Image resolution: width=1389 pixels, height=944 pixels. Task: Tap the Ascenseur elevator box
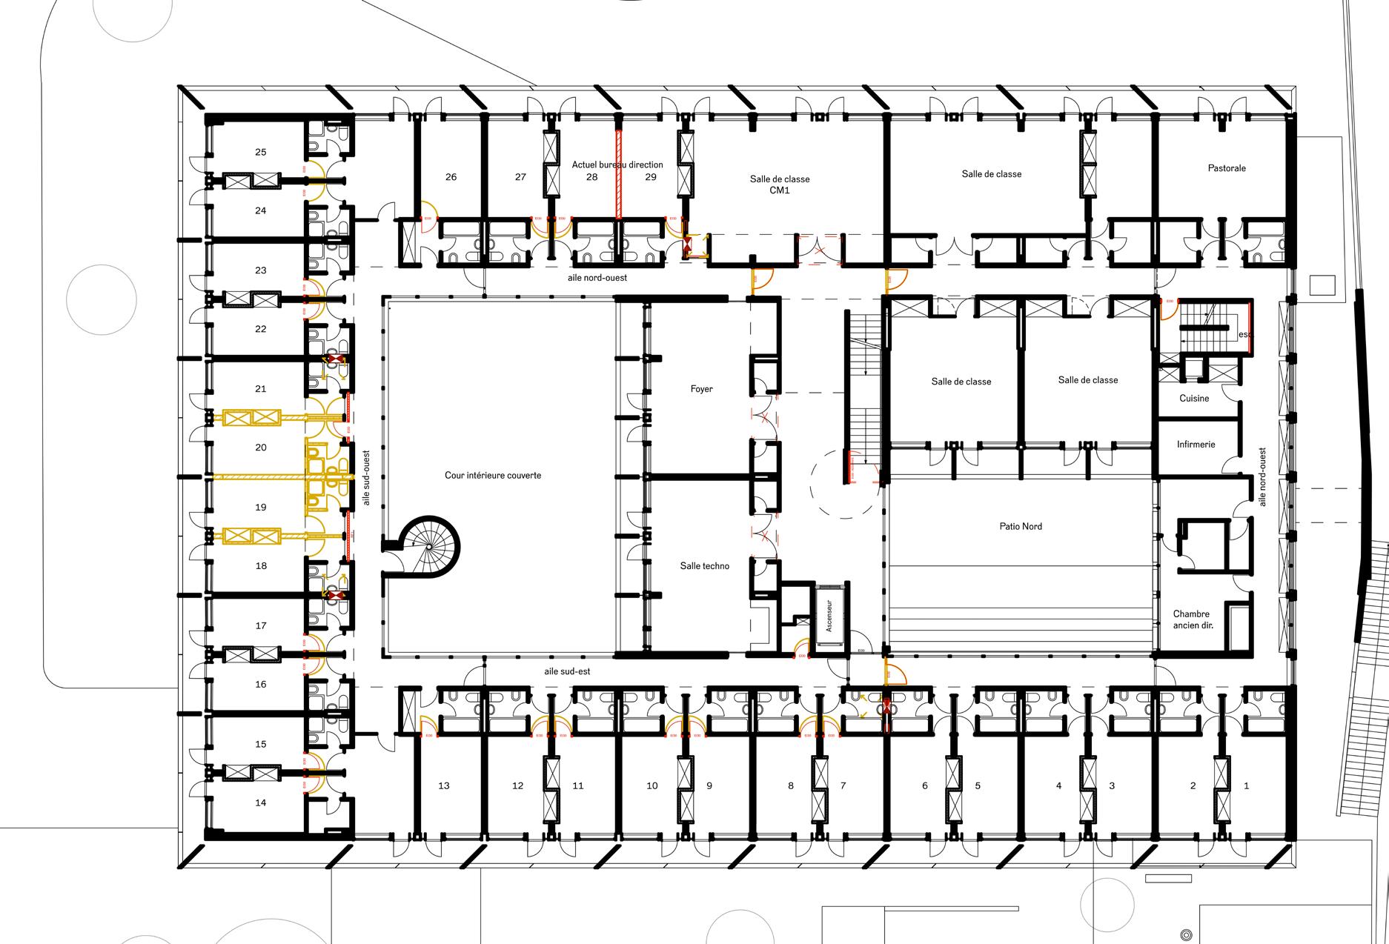click(x=829, y=616)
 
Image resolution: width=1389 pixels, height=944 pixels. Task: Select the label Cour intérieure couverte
click(x=493, y=476)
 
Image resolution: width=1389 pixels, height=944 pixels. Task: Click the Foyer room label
click(x=701, y=389)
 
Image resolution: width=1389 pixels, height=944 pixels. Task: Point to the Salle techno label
click(x=704, y=566)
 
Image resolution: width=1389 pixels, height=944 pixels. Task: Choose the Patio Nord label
click(x=1021, y=527)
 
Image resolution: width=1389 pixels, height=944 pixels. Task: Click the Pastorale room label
click(x=1227, y=168)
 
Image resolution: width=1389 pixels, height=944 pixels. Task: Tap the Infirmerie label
click(x=1196, y=445)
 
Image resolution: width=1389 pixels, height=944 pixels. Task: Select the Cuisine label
click(x=1194, y=399)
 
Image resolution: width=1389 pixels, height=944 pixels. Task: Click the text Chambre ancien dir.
click(x=1191, y=619)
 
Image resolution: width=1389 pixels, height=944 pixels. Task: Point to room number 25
click(x=260, y=152)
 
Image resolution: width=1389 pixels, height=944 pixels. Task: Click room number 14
click(x=260, y=802)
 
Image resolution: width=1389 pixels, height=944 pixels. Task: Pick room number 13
click(x=443, y=786)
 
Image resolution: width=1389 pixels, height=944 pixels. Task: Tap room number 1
click(x=1246, y=786)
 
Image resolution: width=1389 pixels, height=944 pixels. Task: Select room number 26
click(x=451, y=177)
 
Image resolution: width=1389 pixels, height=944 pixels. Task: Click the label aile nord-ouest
click(x=602, y=278)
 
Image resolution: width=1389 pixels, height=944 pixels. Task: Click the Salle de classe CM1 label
click(x=780, y=185)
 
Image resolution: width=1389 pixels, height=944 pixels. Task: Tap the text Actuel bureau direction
click(x=617, y=164)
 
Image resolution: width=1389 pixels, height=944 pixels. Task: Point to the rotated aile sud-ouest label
click(x=365, y=478)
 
